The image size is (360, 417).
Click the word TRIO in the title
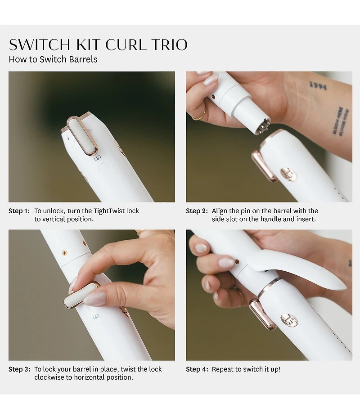click(x=169, y=45)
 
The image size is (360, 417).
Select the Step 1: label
click(x=19, y=211)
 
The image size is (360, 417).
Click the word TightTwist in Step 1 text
click(x=99, y=211)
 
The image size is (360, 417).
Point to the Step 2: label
click(x=197, y=211)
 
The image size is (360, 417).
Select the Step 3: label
click(x=19, y=369)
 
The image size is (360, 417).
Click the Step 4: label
click(x=197, y=369)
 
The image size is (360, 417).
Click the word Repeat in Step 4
click(x=223, y=369)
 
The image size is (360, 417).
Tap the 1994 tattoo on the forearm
click(x=318, y=85)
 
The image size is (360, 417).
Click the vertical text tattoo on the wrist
click(x=341, y=121)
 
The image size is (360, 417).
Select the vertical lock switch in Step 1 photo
click(x=81, y=135)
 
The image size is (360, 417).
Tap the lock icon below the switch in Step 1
click(x=97, y=158)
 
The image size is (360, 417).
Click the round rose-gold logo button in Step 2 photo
click(x=288, y=174)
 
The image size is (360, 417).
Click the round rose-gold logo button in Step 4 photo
click(x=289, y=320)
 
